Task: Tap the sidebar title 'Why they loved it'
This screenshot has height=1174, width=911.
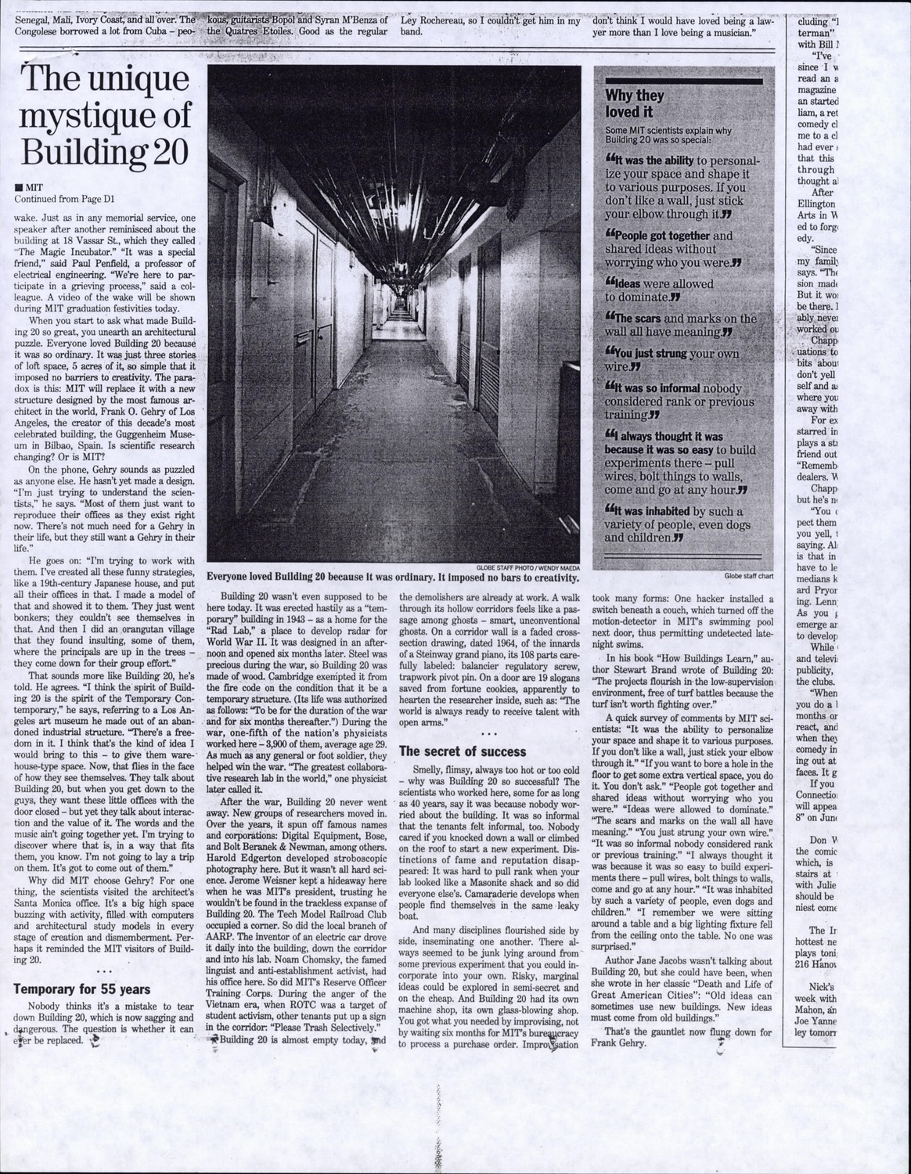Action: pyautogui.click(x=635, y=103)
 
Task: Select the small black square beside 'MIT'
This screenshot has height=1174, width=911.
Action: pyautogui.click(x=18, y=188)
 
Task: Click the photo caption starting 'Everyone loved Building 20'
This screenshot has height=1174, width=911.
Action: pyautogui.click(x=393, y=578)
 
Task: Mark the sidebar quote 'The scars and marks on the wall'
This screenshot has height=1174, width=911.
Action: pyautogui.click(x=679, y=325)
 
